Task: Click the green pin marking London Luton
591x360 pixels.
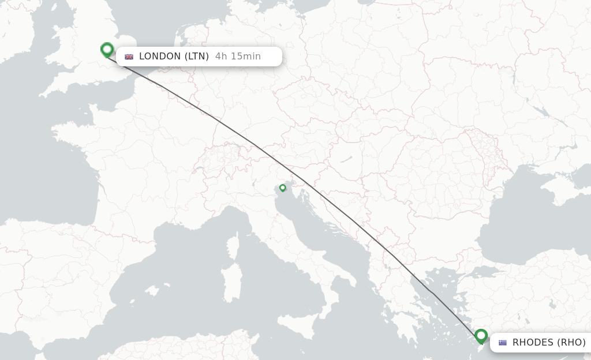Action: pos(107,50)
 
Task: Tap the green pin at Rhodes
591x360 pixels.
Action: pos(481,335)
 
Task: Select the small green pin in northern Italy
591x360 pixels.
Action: pos(283,187)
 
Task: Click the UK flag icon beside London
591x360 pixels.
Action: pos(129,57)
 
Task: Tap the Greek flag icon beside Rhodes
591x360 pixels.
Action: pos(503,342)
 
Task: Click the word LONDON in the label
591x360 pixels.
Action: pos(159,57)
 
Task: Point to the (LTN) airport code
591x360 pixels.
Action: pos(197,57)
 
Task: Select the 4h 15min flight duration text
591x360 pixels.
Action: pos(238,57)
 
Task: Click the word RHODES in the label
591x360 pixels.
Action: pos(533,342)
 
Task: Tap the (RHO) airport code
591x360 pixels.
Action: pos(571,342)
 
